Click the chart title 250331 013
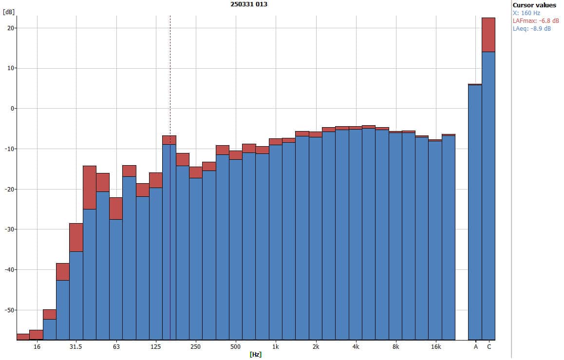pyautogui.click(x=248, y=4)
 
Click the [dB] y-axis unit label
pyautogui.click(x=8, y=12)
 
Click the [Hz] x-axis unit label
pyautogui.click(x=256, y=355)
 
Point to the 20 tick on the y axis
pyautogui.click(x=10, y=28)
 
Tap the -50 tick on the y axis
pyautogui.click(x=8, y=310)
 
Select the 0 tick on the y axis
pyautogui.click(x=12, y=109)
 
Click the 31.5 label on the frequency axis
pyautogui.click(x=75, y=347)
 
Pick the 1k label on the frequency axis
pyautogui.click(x=276, y=347)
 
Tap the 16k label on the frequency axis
pyautogui.click(x=435, y=347)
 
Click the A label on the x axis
pyautogui.click(x=475, y=347)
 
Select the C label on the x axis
pyautogui.click(x=489, y=347)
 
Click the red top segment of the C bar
pyautogui.click(x=489, y=35)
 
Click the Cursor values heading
pyautogui.click(x=534, y=5)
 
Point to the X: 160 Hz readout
pyautogui.click(x=526, y=13)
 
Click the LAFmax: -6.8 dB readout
pyautogui.click(x=536, y=21)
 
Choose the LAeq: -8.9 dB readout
pyautogui.click(x=532, y=29)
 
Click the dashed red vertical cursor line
pyautogui.click(x=170, y=73)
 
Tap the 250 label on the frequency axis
pyautogui.click(x=195, y=347)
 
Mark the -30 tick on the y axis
pyautogui.click(x=8, y=229)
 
